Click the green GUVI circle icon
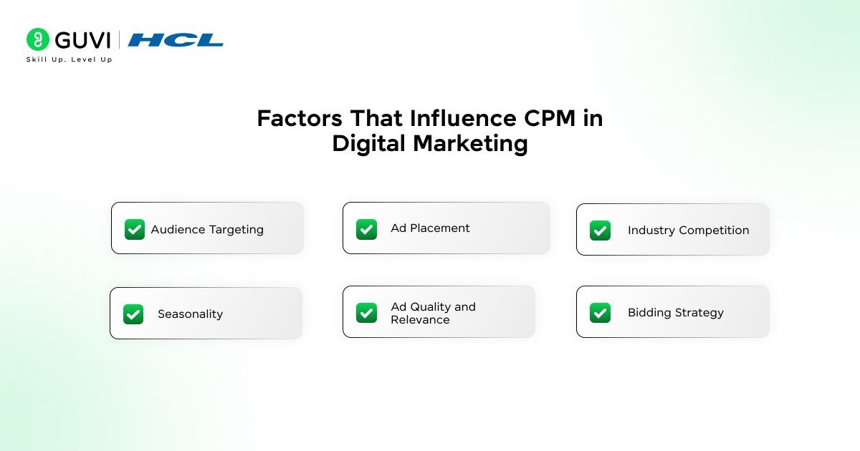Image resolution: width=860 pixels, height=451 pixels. [x=38, y=39]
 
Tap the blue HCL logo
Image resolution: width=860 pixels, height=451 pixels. [x=176, y=40]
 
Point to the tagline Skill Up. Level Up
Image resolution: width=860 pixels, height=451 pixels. [x=70, y=59]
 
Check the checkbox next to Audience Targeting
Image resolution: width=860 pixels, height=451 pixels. [x=135, y=229]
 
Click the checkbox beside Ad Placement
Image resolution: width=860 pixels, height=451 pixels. [x=366, y=229]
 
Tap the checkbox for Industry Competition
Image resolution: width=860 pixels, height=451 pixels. [x=600, y=231]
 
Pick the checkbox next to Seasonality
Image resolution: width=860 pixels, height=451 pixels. [x=133, y=314]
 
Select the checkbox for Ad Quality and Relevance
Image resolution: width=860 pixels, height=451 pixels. [x=366, y=313]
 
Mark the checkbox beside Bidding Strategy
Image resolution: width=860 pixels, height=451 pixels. [x=600, y=313]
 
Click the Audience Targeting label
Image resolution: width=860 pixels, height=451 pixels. [x=207, y=230]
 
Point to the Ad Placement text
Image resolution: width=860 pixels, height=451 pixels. [x=430, y=228]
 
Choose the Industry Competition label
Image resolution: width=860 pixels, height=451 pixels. [x=688, y=231]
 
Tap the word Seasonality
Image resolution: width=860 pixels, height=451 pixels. [x=190, y=314]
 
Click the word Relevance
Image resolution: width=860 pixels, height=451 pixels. [x=420, y=320]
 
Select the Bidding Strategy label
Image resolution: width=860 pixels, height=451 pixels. [x=675, y=313]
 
